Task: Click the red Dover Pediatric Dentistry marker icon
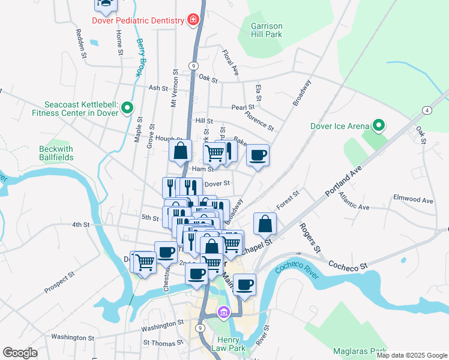coord(193,20)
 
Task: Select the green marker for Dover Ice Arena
coord(378,126)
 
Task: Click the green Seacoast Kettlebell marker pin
coord(127,108)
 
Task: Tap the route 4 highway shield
coord(426,110)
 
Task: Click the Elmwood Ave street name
coord(412,200)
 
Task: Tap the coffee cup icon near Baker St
coord(258,155)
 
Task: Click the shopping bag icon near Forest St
coord(265,224)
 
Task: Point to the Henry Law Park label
coord(229,344)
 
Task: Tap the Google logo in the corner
coord(20,353)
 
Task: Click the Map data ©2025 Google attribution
coord(411,355)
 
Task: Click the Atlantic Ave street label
coord(354,201)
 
